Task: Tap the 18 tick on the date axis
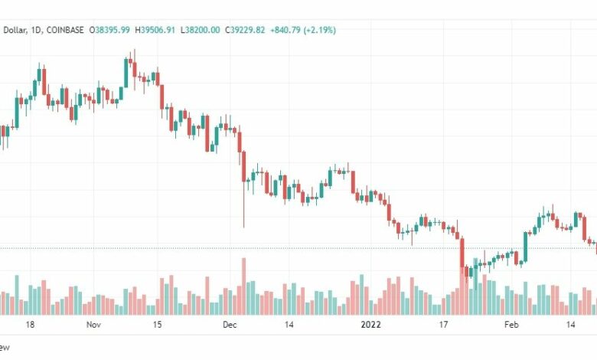(30, 325)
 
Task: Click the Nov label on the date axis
(94, 325)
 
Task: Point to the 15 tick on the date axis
(156, 325)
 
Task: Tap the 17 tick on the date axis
(442, 325)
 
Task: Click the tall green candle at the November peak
(127, 72)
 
